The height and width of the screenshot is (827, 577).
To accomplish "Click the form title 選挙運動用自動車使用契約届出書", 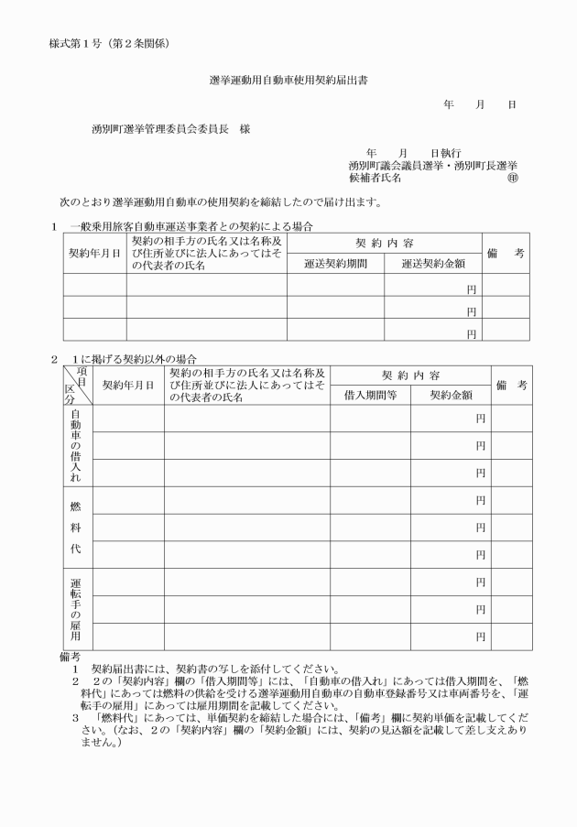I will click(x=288, y=81).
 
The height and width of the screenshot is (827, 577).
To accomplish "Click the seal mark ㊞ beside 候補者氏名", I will click(x=512, y=178).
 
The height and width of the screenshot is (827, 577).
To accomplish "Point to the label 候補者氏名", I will click(x=375, y=178).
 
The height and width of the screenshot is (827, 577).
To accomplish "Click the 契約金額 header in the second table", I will click(x=451, y=395).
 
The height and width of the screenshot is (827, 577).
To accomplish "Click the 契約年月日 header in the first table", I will click(x=94, y=253).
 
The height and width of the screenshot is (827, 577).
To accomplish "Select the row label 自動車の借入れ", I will click(x=75, y=445).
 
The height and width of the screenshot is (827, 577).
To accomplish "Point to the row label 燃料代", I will click(x=75, y=528).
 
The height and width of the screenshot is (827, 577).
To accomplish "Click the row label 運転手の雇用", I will click(x=75, y=609).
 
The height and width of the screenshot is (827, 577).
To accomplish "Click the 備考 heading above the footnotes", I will click(x=69, y=656).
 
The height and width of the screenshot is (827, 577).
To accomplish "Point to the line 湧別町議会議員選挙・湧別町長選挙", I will click(x=433, y=166).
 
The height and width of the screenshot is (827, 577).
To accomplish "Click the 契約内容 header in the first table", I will click(x=385, y=243).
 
